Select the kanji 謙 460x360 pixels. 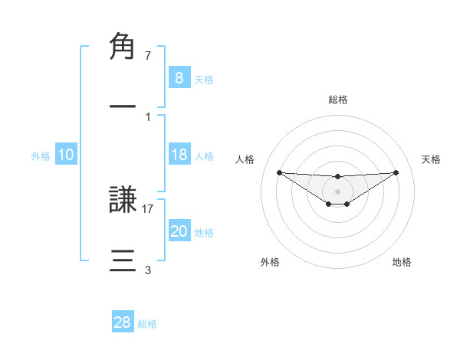[x=123, y=201]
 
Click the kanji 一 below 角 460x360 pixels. [x=123, y=106]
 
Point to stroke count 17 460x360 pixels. [x=148, y=208]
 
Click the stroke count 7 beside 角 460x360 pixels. [x=147, y=55]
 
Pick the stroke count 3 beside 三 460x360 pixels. [x=147, y=270]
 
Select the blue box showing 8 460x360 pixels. [x=179, y=78]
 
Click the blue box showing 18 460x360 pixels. [x=179, y=155]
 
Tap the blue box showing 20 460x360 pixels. [x=179, y=231]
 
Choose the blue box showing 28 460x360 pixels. [x=122, y=322]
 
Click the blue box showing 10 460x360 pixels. [x=65, y=155]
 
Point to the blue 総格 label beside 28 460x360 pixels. [x=147, y=324]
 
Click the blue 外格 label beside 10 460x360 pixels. [x=41, y=155]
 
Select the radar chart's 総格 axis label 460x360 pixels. [x=337, y=100]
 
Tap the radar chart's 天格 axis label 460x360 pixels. [x=432, y=159]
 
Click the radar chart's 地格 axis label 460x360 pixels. [x=402, y=262]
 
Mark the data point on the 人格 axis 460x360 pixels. [x=279, y=172]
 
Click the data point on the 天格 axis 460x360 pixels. [x=396, y=172]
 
